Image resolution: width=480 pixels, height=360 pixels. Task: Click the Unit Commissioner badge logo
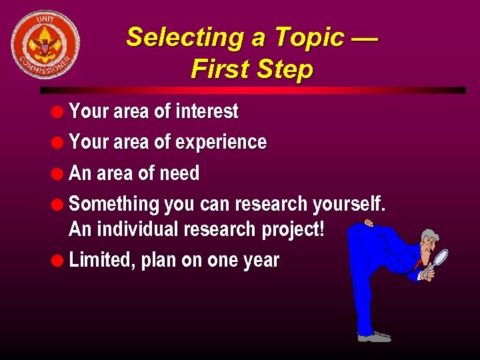(x=45, y=44)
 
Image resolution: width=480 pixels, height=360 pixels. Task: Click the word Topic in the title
(x=309, y=37)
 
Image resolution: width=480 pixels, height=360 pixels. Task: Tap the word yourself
(x=347, y=204)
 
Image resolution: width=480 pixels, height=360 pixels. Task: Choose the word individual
(x=137, y=229)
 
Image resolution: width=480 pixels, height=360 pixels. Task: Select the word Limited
(x=101, y=260)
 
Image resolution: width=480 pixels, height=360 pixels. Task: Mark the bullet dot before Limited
(x=59, y=260)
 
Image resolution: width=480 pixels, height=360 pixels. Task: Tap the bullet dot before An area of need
(x=59, y=173)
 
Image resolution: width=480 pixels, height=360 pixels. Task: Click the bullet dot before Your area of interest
(x=59, y=111)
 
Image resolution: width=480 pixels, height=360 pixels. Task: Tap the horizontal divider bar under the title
(x=253, y=90)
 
